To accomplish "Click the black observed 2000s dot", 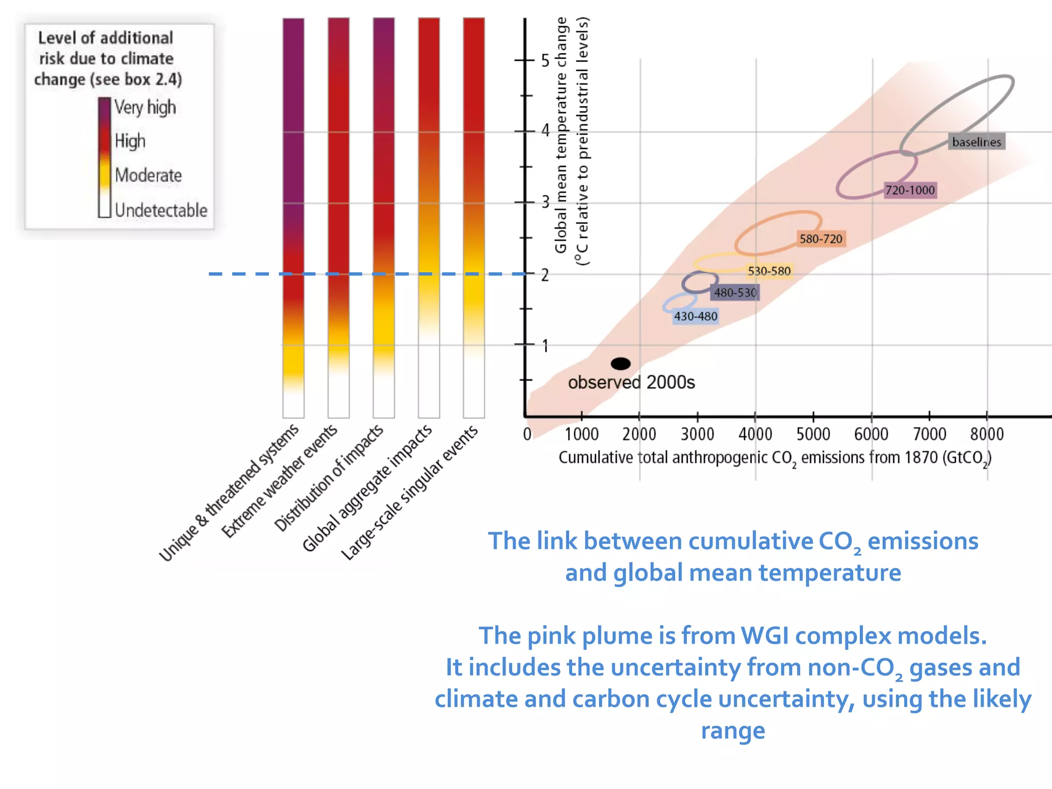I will (x=621, y=364).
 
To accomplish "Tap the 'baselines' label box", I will (x=976, y=142).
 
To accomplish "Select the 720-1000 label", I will (x=910, y=190).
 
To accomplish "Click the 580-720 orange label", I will (x=820, y=239).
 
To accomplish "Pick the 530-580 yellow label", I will (x=769, y=271).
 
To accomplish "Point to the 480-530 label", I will (x=735, y=293).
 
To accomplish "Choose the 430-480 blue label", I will (x=696, y=316).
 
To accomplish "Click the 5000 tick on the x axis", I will (x=813, y=434).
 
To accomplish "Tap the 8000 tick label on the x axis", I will (x=987, y=434).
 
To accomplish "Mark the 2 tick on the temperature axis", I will (x=544, y=275).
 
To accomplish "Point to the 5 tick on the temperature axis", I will (x=545, y=61).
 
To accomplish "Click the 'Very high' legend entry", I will (x=145, y=107).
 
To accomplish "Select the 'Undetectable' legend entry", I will (x=161, y=210).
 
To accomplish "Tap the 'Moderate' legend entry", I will (x=148, y=175).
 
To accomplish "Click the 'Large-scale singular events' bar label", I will (x=409, y=493).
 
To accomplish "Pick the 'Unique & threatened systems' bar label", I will (x=229, y=493).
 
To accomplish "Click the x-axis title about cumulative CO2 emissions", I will (x=775, y=458).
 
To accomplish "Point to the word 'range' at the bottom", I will (x=733, y=730).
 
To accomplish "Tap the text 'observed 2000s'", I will (x=631, y=383).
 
